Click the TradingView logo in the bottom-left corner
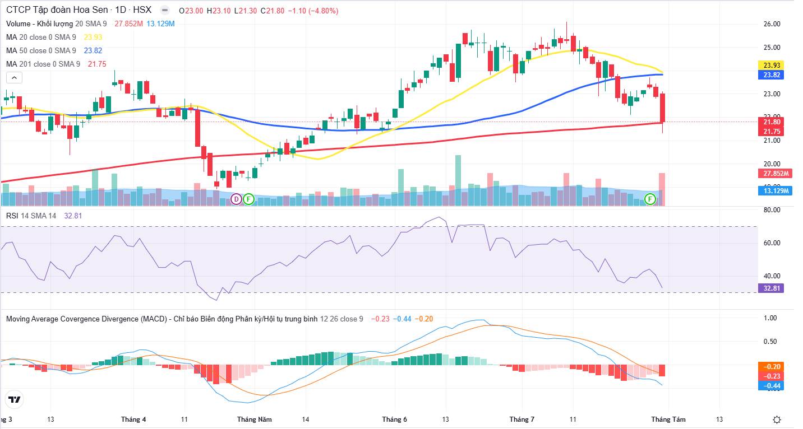(x=15, y=400)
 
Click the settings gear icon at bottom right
(x=777, y=419)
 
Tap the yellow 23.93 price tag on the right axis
(x=771, y=65)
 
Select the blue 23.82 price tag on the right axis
(x=771, y=75)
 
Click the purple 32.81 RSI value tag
(x=771, y=288)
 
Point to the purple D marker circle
(x=236, y=199)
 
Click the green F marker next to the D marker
(x=249, y=199)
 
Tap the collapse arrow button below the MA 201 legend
(x=15, y=77)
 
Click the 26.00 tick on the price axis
(x=772, y=24)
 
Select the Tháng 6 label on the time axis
(x=394, y=419)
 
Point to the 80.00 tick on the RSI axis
(x=772, y=210)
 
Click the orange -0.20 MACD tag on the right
(x=771, y=367)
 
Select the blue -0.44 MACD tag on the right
(x=771, y=386)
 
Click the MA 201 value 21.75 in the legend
(x=97, y=64)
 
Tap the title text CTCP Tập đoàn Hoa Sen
(x=57, y=10)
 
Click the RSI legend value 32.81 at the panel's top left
(x=73, y=216)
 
